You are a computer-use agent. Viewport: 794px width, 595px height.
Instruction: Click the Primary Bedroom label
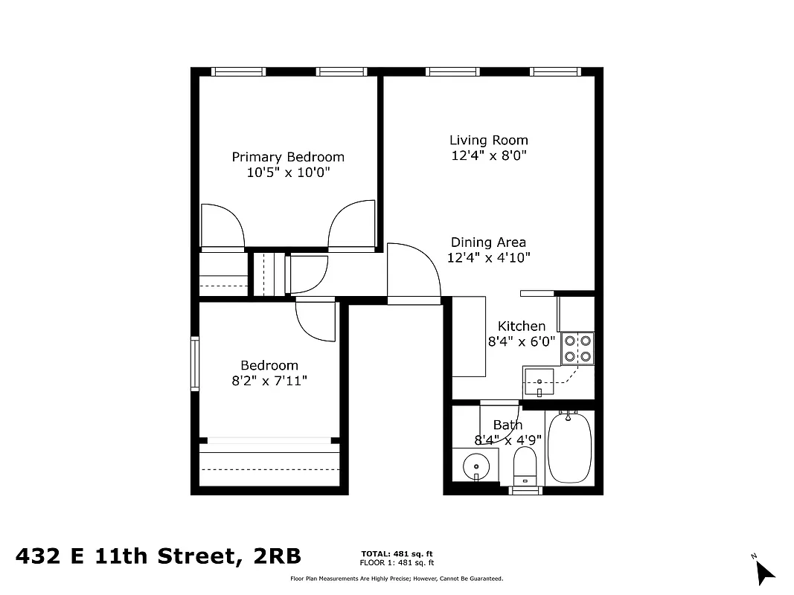pyautogui.click(x=288, y=157)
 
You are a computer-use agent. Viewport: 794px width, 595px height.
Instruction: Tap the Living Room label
pyautogui.click(x=489, y=140)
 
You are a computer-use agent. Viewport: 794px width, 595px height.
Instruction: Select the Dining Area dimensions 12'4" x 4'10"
pyautogui.click(x=489, y=258)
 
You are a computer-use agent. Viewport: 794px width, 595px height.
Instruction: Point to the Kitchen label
pyautogui.click(x=522, y=326)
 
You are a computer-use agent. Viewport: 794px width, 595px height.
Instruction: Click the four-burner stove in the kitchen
pyautogui.click(x=577, y=348)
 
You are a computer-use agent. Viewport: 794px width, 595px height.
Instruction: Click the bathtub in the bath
pyautogui.click(x=569, y=448)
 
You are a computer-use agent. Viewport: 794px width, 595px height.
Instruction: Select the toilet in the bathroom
pyautogui.click(x=525, y=465)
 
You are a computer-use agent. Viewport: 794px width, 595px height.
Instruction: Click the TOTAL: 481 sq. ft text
pyautogui.click(x=397, y=553)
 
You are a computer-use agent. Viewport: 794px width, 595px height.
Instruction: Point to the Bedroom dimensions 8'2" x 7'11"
pyautogui.click(x=269, y=381)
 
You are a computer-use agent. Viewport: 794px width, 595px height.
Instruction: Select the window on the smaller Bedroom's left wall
pyautogui.click(x=195, y=364)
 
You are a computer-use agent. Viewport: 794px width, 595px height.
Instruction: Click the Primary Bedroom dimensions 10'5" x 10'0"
pyautogui.click(x=288, y=173)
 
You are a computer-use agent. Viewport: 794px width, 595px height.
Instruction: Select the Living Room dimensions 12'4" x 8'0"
pyautogui.click(x=489, y=156)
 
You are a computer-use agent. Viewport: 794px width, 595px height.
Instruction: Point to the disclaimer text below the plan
pyautogui.click(x=397, y=578)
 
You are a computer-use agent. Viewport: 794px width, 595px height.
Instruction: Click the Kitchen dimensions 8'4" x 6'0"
pyautogui.click(x=522, y=342)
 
